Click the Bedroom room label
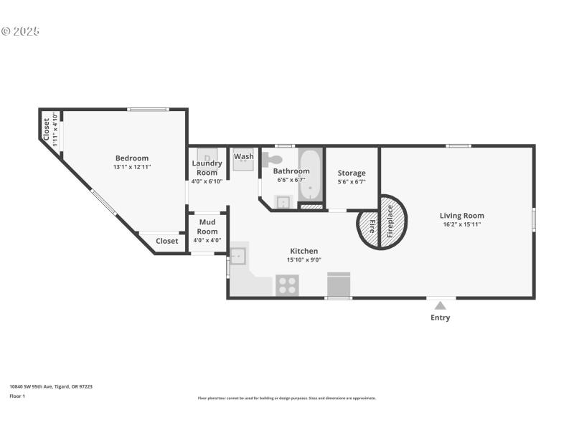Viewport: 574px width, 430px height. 132,158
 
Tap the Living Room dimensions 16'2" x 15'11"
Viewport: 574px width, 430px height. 462,224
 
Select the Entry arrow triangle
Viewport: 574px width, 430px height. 441,305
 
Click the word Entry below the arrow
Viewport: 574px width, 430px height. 441,317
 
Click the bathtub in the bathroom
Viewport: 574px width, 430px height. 311,174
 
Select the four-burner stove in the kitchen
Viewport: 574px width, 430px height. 287,285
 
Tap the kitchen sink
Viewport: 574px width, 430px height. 239,256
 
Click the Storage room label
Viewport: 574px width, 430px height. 352,173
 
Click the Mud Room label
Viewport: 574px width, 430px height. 207,226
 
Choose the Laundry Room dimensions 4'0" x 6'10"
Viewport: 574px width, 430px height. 207,181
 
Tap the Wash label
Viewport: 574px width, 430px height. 244,156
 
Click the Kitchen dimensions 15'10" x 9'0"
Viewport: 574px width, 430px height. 304,260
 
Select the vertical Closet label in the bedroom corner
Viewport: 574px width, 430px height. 47,129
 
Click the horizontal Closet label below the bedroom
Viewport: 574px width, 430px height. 167,241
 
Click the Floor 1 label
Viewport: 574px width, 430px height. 17,396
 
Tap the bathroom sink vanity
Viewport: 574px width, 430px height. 283,201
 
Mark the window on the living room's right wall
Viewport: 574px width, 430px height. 533,219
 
